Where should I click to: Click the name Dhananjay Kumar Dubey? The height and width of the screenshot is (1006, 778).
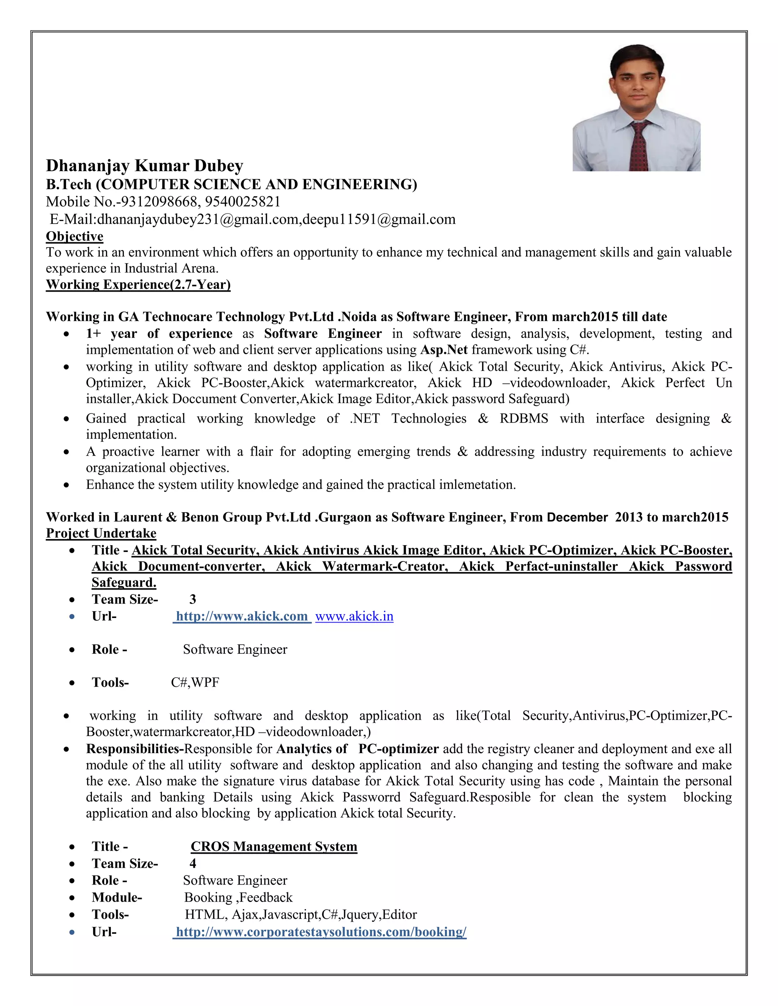click(x=144, y=166)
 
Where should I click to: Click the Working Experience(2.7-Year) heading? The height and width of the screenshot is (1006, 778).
click(x=138, y=285)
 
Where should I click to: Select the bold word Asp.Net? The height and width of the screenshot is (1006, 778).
click(x=444, y=350)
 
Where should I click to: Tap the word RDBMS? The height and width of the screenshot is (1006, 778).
click(x=523, y=419)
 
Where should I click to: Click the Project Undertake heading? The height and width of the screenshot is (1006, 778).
click(x=101, y=533)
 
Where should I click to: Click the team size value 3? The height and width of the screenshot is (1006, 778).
click(x=193, y=599)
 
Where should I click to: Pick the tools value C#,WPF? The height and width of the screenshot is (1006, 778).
click(x=195, y=682)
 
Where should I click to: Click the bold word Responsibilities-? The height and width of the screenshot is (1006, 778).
click(x=135, y=749)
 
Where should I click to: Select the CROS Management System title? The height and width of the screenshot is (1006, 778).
click(x=274, y=847)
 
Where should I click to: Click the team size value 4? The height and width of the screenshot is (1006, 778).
click(x=193, y=864)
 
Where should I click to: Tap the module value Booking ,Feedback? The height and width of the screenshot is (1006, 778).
click(x=238, y=897)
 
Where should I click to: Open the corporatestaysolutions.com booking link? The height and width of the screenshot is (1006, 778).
click(x=321, y=932)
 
